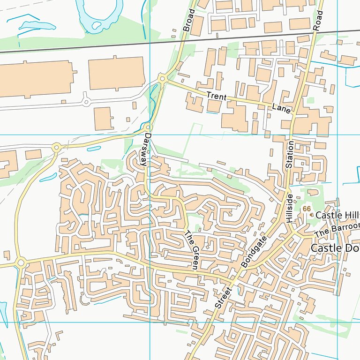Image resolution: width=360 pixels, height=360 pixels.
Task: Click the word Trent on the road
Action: (x=216, y=97)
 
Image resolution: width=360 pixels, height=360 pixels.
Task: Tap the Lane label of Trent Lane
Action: (x=281, y=108)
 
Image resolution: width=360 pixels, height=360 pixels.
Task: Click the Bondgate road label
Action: (x=253, y=252)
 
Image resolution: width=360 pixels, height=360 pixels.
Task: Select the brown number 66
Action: (x=307, y=208)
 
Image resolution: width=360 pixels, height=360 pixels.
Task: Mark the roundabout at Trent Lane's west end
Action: (x=162, y=79)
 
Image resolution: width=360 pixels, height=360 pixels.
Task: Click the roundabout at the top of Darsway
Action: (x=148, y=127)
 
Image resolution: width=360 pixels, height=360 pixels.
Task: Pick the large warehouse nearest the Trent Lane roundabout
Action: (x=116, y=73)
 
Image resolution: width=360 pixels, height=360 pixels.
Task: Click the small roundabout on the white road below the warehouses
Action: (x=86, y=101)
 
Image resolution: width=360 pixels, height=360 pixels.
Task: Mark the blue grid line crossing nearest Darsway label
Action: (x=149, y=135)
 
